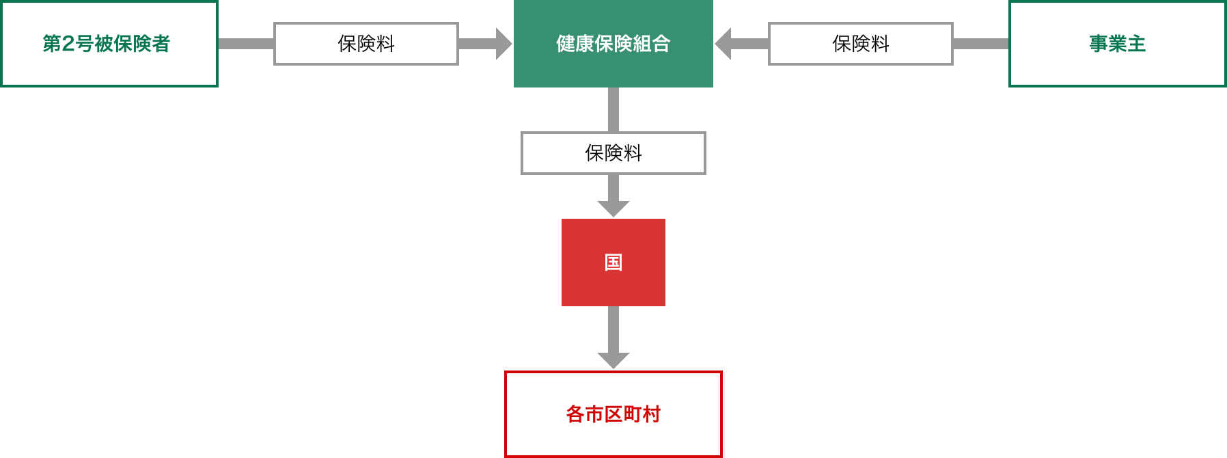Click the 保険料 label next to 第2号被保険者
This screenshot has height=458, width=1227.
pyautogui.click(x=366, y=44)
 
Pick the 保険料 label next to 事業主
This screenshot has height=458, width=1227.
pyautogui.click(x=861, y=44)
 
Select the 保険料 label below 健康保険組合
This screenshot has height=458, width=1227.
pyautogui.click(x=613, y=153)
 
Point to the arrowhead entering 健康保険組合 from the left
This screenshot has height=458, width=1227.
pyautogui.click(x=504, y=44)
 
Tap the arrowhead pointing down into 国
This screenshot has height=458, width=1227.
pyautogui.click(x=613, y=208)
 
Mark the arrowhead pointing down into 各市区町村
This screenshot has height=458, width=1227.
pyautogui.click(x=613, y=360)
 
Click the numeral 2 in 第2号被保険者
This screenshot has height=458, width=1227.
pyautogui.click(x=68, y=44)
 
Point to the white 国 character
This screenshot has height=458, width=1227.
pyautogui.click(x=613, y=262)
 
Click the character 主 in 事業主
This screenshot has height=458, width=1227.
pyautogui.click(x=1136, y=44)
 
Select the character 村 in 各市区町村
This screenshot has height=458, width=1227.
pyautogui.click(x=651, y=414)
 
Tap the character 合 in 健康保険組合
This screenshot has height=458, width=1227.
pyautogui.click(x=661, y=44)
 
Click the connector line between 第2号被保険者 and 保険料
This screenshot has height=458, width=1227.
pyautogui.click(x=246, y=44)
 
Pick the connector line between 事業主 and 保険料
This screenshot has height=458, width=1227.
pyautogui.click(x=981, y=44)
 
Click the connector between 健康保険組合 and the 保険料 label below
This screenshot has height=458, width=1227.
pyautogui.click(x=613, y=109)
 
